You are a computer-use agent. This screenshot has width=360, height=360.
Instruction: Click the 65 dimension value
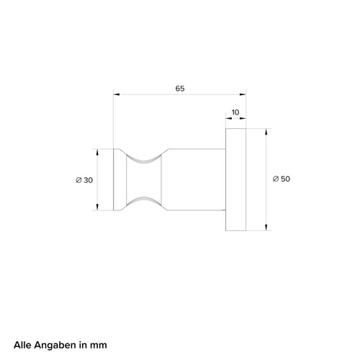(x=180, y=89)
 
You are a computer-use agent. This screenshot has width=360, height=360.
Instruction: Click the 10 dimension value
(x=235, y=112)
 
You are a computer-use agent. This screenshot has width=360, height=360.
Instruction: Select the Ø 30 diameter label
(x=84, y=180)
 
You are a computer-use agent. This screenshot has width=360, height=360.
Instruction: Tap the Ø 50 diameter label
(x=282, y=179)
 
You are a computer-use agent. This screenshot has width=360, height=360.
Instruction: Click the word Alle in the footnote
(x=22, y=345)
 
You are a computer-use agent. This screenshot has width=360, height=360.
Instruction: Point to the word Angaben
(x=55, y=346)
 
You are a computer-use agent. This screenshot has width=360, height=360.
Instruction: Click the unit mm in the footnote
(x=99, y=346)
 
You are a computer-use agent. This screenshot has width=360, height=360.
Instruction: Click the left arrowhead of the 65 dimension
(x=117, y=94)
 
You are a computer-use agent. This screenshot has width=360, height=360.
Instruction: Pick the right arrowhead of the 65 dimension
(x=243, y=94)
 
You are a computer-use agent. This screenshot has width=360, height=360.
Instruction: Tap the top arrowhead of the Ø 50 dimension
(x=266, y=132)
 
